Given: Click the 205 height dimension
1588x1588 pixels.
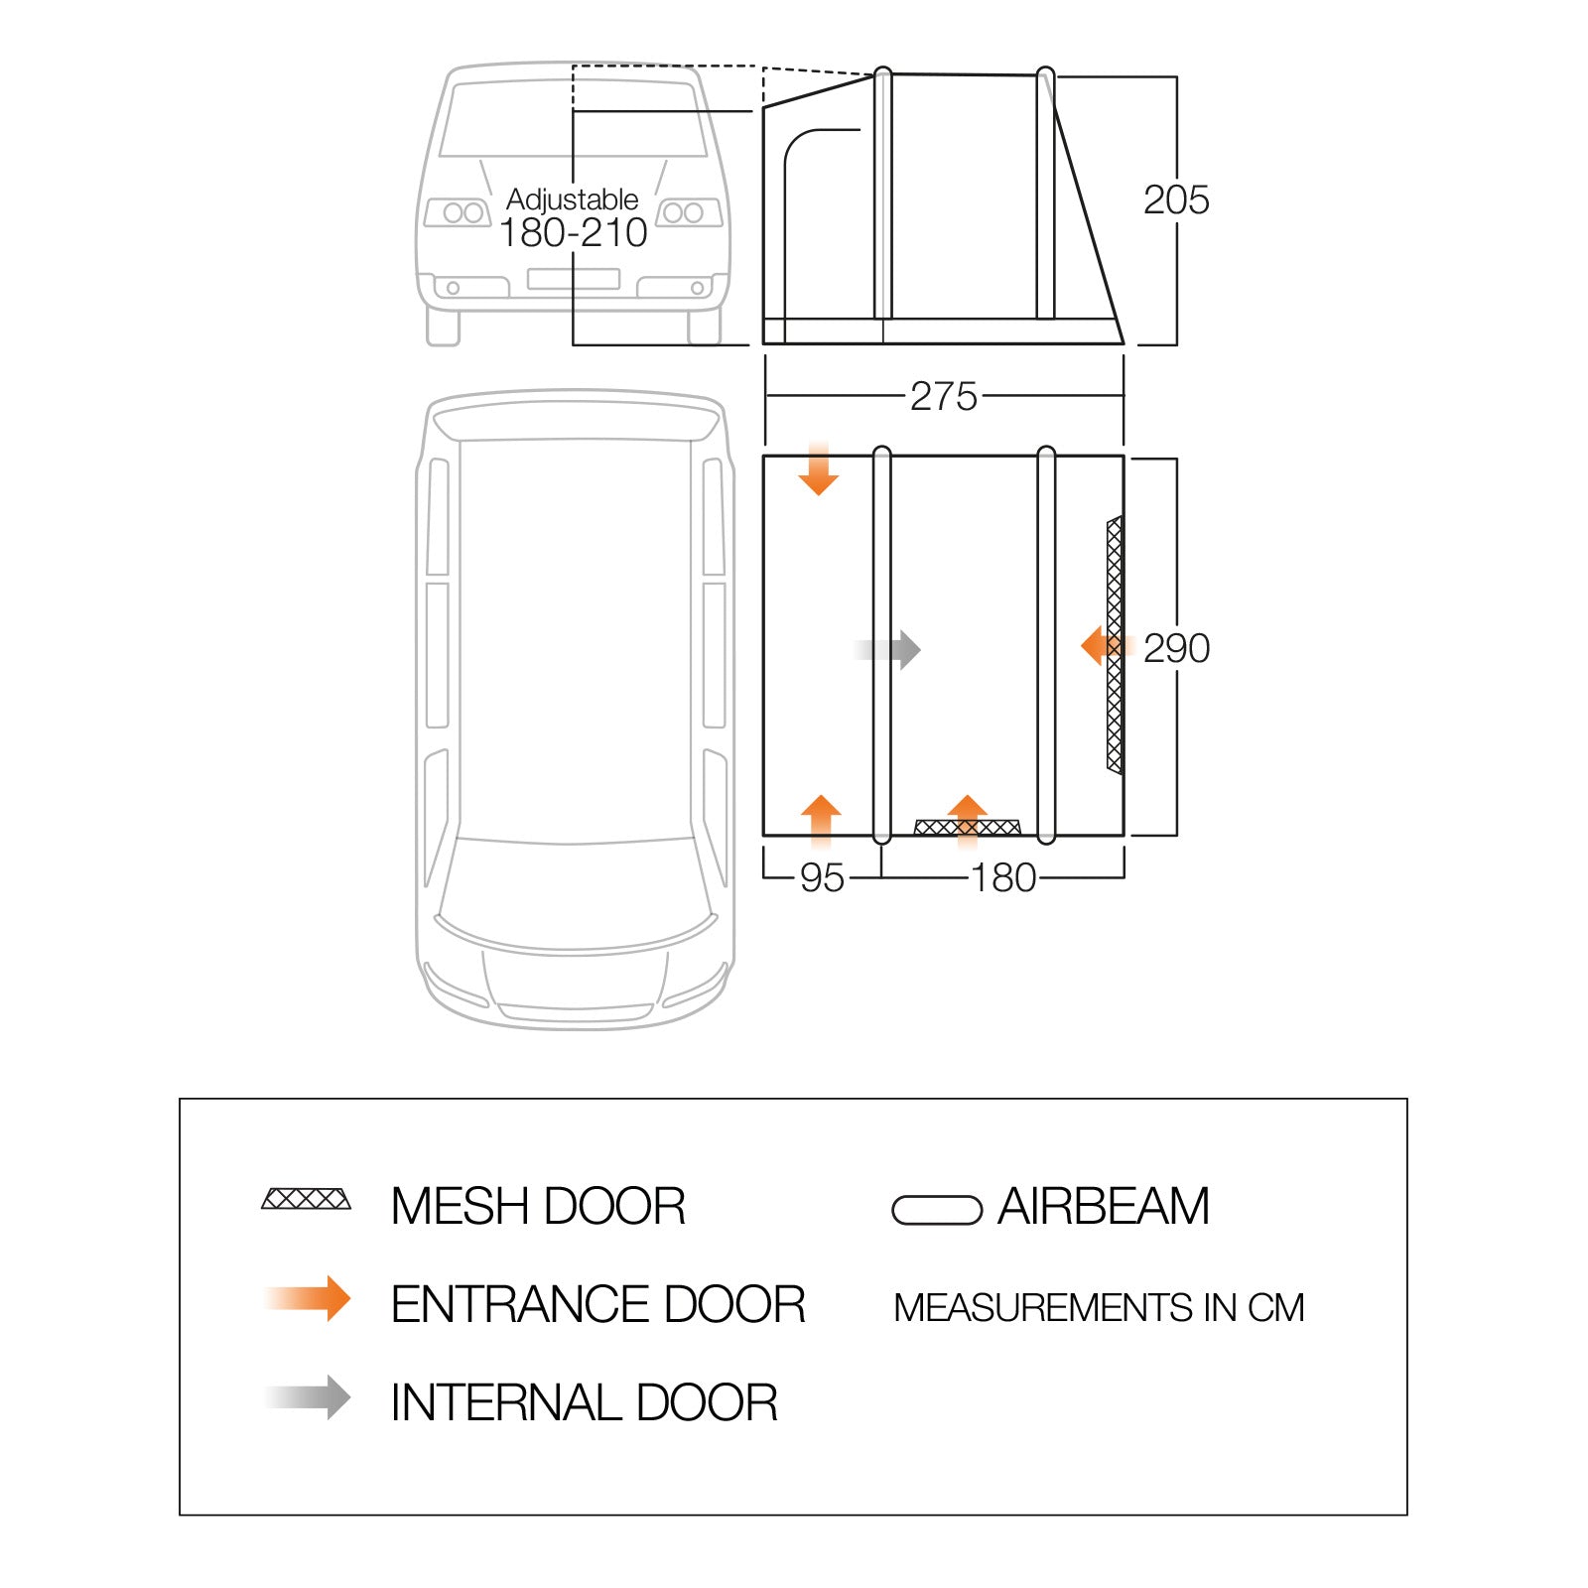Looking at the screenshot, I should (1176, 199).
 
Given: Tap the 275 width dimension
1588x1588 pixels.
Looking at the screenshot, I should (944, 396).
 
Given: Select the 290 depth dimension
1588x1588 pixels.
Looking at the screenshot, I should (1176, 648).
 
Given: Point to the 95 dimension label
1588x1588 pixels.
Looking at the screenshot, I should (822, 878).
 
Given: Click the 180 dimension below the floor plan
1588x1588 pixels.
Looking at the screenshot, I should (1003, 878).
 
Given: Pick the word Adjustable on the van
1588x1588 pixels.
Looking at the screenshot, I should (573, 198).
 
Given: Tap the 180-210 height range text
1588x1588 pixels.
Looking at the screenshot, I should (573, 233).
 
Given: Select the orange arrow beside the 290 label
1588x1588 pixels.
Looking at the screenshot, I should (1100, 646).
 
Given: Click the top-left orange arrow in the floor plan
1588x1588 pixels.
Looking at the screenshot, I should (818, 471).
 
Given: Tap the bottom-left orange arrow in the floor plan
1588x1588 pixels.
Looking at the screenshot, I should (821, 819).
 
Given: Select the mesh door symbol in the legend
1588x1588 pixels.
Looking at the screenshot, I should (306, 1199).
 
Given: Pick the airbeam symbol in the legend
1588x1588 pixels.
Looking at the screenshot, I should (937, 1210).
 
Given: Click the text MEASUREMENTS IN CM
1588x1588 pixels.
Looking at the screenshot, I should (1099, 1307).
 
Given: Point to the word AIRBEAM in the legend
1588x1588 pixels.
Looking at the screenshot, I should (1104, 1207).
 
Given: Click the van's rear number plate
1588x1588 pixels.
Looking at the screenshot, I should (574, 279).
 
